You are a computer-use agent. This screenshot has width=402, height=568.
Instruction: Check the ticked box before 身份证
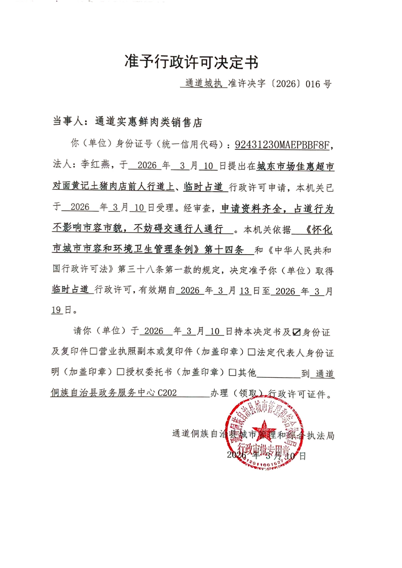click(x=297, y=333)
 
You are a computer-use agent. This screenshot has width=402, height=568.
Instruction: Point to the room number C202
click(x=167, y=392)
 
